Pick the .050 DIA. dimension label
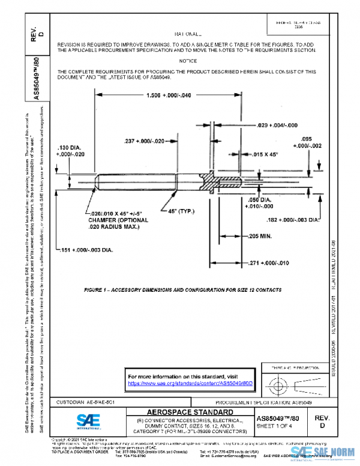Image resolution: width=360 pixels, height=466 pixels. tap(261, 199)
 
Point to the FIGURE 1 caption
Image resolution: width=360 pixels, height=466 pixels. tap(182, 290)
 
